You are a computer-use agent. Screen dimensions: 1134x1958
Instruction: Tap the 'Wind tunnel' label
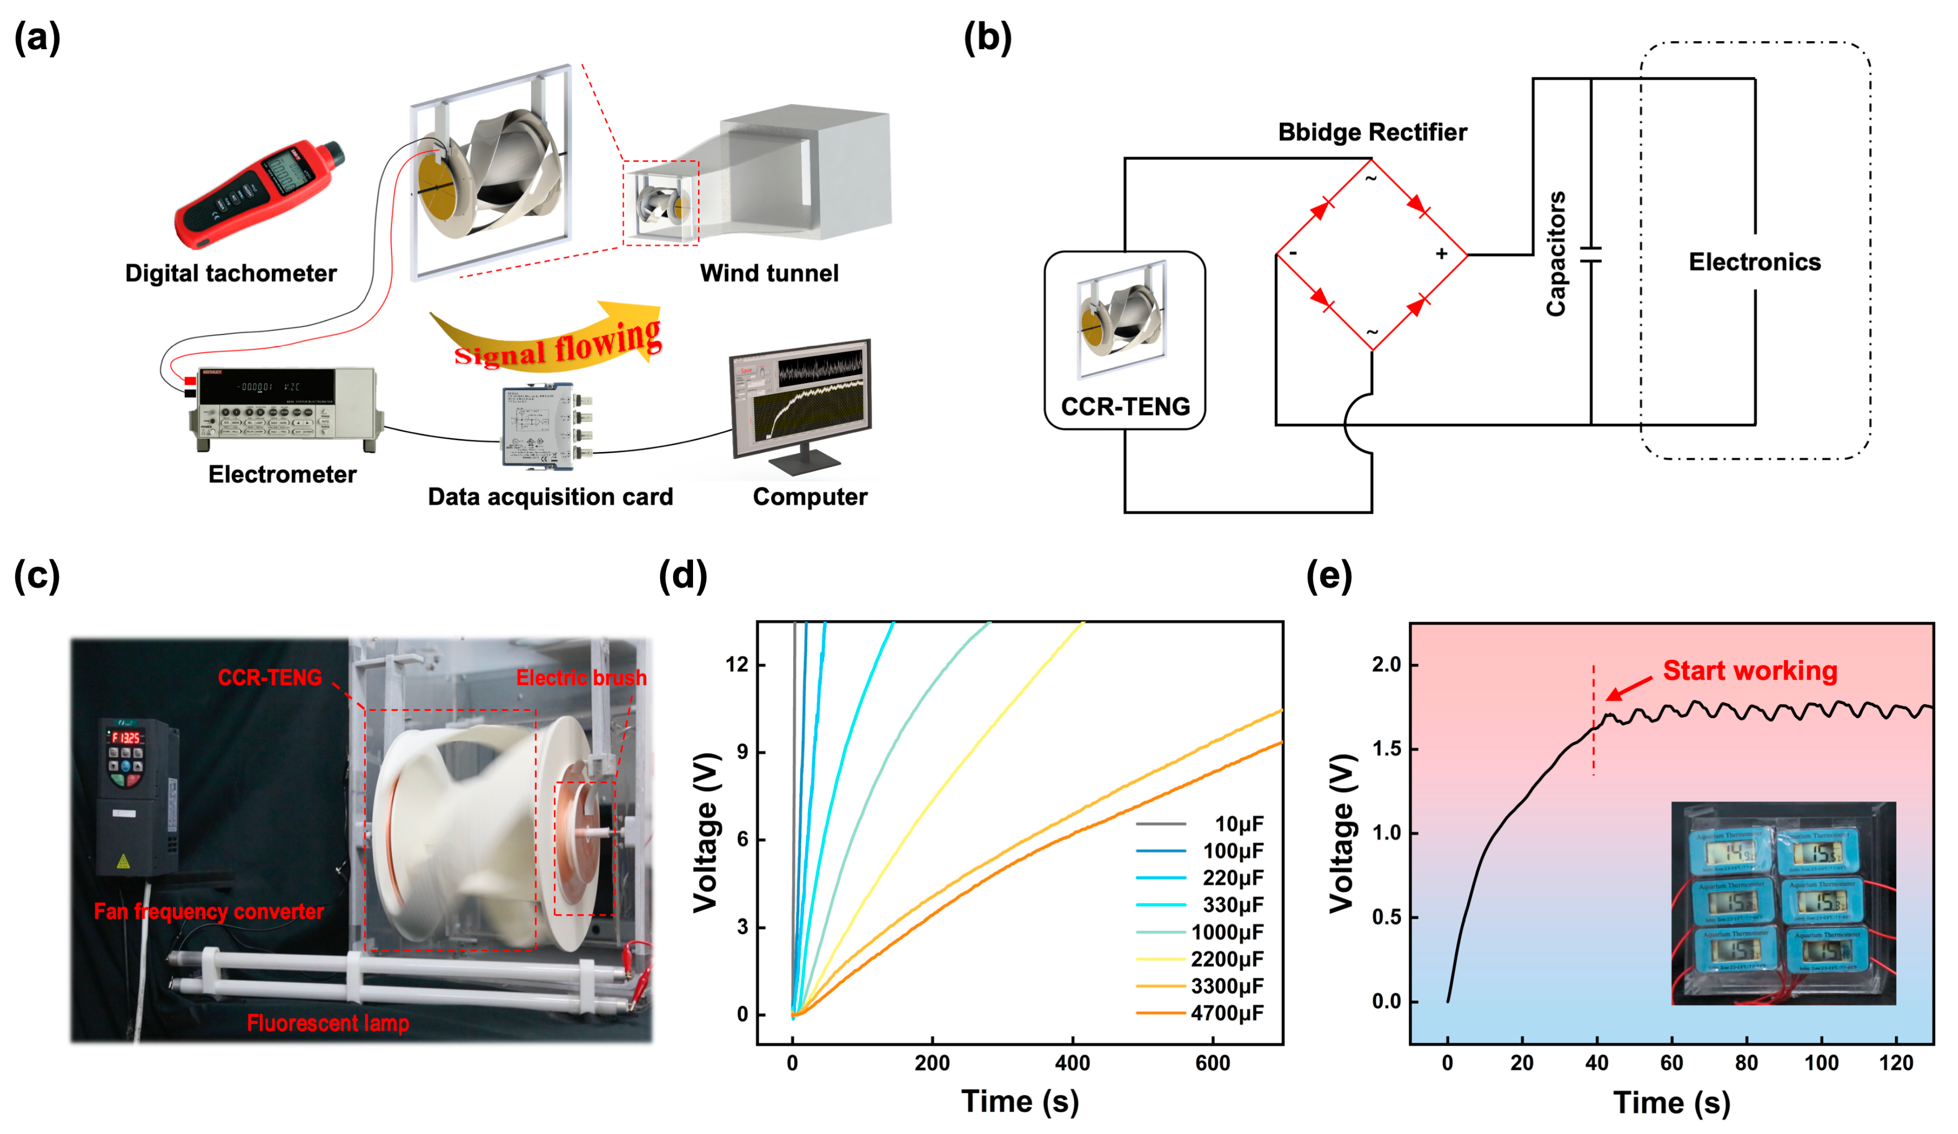[x=769, y=273]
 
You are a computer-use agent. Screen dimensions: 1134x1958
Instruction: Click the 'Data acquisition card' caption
[x=550, y=497]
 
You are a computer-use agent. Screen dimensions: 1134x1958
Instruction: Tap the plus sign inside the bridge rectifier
[x=1441, y=254]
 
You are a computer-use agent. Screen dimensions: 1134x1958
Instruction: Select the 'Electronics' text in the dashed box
[x=1755, y=263]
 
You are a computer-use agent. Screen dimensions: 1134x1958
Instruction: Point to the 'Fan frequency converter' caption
[x=208, y=912]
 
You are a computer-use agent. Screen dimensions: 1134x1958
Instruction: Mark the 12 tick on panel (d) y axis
[x=737, y=665]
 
